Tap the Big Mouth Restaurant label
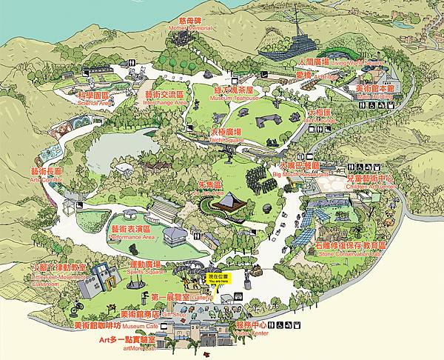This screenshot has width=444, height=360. (x=300, y=169)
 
